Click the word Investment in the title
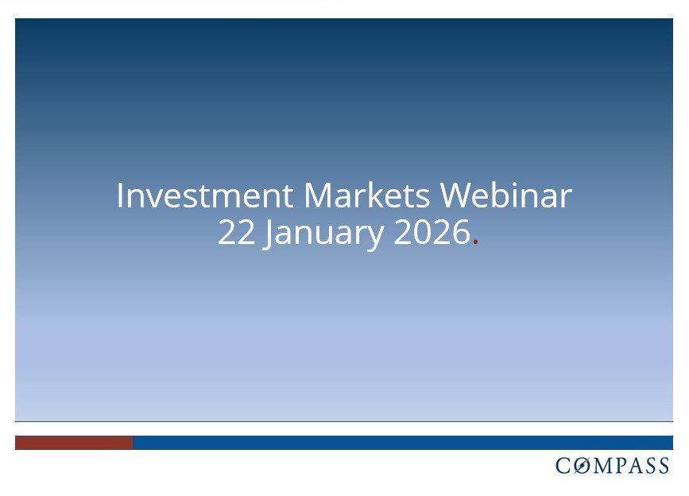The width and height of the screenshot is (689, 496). [205, 196]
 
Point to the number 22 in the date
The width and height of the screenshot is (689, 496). [235, 234]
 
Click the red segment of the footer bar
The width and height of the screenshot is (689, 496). [73, 443]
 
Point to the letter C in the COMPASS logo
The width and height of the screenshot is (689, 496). [564, 466]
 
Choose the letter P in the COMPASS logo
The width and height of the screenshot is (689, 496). [624, 466]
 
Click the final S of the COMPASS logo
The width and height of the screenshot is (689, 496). [664, 466]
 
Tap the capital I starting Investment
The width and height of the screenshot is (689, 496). [120, 196]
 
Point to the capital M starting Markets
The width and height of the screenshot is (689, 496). [316, 196]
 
